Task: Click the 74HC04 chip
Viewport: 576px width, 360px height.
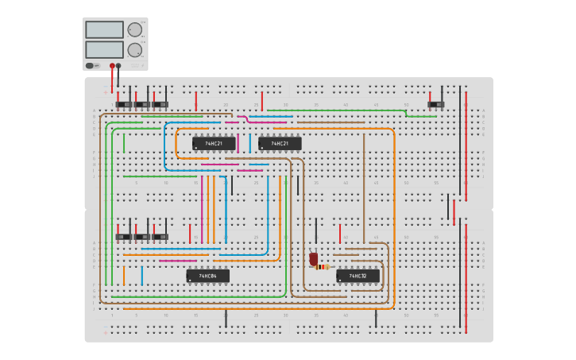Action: (207, 276)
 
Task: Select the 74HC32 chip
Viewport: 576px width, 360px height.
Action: (358, 276)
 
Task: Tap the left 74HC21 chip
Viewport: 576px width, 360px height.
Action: (214, 144)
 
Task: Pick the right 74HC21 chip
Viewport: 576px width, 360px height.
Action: (280, 144)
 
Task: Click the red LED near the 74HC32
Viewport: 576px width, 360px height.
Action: (313, 259)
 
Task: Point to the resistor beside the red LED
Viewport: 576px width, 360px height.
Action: (322, 267)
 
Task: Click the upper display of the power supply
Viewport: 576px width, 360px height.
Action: (103, 30)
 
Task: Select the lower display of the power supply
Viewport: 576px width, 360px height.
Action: (103, 49)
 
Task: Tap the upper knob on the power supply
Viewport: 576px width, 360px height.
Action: (134, 30)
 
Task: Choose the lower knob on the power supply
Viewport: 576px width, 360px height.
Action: (134, 49)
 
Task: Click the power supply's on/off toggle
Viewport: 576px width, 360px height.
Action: (91, 66)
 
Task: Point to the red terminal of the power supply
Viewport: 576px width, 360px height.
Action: (112, 66)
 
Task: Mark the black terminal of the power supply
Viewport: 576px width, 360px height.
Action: (118, 66)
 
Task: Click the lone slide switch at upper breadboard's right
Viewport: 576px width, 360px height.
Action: (435, 104)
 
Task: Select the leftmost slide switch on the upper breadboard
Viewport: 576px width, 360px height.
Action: (124, 104)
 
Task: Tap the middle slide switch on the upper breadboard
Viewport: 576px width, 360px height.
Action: (142, 104)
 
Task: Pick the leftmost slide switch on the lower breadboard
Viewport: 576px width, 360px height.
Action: (124, 237)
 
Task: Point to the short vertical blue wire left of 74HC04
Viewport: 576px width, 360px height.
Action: (142, 275)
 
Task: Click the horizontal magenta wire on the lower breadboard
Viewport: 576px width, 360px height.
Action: (177, 261)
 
